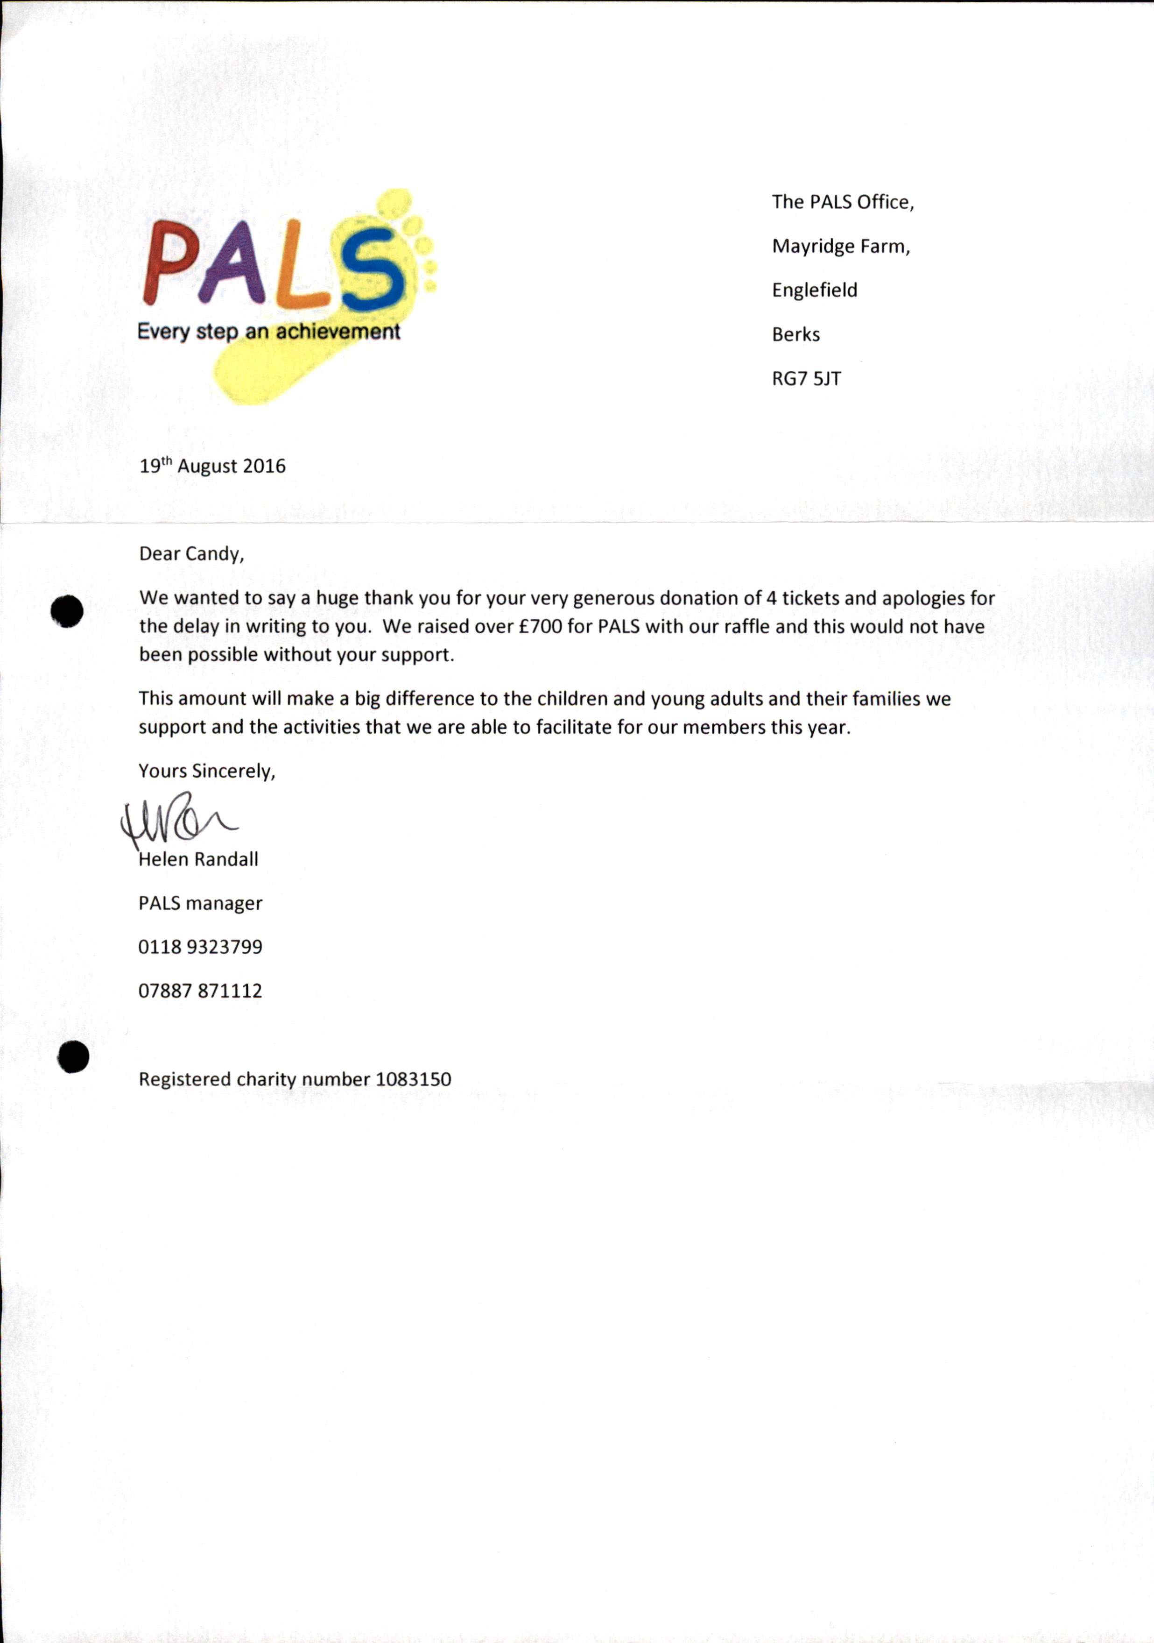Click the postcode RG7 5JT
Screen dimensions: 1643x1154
[806, 379]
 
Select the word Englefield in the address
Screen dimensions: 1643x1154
[814, 290]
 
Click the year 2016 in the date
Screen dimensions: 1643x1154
[264, 467]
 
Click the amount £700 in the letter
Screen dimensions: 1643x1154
[540, 626]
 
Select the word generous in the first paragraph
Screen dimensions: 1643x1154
[614, 598]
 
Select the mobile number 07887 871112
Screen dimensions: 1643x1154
[200, 991]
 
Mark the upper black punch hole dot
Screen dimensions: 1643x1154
[68, 612]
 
